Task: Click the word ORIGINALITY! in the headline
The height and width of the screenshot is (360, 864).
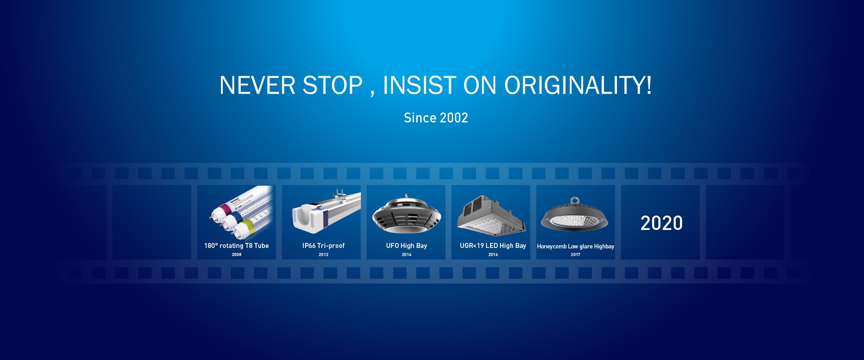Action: pos(578,85)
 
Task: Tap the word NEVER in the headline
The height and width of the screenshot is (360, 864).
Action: pos(257,85)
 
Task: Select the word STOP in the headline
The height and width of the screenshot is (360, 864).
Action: pos(333,85)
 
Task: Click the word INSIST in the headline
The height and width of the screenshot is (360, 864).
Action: pos(419,85)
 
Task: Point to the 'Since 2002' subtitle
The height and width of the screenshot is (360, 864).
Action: pos(436,118)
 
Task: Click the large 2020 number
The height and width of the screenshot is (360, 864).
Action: pos(661,223)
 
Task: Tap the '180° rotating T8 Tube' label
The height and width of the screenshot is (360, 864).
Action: pos(236,246)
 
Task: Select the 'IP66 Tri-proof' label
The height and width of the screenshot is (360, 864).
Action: pos(324,246)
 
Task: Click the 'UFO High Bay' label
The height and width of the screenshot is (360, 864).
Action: pos(406,246)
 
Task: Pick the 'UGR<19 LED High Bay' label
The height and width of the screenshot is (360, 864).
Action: pos(493,246)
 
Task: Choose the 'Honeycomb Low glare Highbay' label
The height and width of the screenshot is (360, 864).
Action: pos(576,247)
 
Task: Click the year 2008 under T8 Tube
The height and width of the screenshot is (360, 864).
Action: pos(237,255)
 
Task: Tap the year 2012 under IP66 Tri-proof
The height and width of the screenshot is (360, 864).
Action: pos(324,255)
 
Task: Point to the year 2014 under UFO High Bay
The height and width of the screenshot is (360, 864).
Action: pos(407,255)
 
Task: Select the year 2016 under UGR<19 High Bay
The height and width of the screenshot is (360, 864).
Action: pos(493,255)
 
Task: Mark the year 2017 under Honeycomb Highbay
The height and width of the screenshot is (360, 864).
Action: pos(576,255)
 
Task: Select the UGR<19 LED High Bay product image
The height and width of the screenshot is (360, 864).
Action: pos(491,215)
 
